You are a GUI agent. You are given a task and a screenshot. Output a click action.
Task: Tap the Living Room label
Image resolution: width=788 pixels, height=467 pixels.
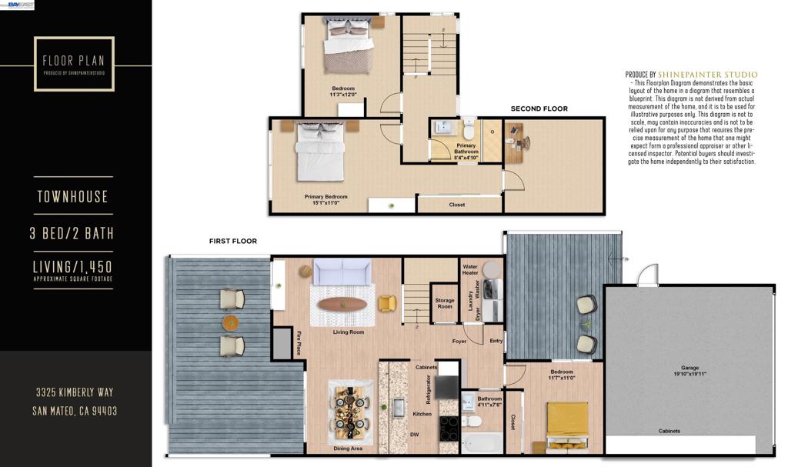[348, 332]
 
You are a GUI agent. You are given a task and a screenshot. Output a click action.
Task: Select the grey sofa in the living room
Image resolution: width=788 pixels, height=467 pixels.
[342, 272]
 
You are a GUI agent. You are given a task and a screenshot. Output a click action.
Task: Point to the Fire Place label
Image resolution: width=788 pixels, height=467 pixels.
[299, 343]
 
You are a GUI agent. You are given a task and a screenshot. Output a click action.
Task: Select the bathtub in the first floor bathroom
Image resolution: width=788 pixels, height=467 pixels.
[481, 445]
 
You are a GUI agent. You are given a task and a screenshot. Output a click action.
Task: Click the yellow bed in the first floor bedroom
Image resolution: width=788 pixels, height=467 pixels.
[568, 425]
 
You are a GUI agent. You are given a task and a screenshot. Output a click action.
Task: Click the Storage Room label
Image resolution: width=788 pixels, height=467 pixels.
[444, 303]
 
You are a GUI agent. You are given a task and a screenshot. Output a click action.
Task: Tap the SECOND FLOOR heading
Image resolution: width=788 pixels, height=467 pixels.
[539, 109]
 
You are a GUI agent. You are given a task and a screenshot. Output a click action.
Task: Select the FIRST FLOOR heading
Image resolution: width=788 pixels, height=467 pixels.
[233, 241]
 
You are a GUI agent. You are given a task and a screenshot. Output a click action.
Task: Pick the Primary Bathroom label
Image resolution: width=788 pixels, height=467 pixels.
[466, 148]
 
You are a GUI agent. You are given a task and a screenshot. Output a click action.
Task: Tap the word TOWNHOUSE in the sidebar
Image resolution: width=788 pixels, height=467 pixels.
[73, 197]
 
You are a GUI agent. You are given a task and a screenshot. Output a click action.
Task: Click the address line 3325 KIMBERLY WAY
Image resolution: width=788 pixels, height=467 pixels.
[75, 392]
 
